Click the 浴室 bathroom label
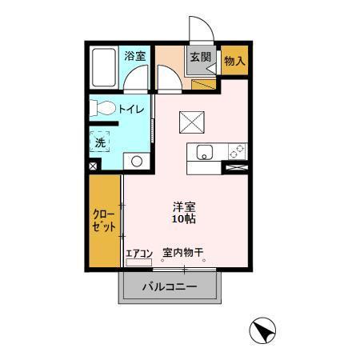click(x=135, y=56)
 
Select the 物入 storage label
click(x=234, y=60)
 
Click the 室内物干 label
click(x=183, y=253)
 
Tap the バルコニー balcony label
click(x=169, y=286)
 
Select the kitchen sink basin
click(x=202, y=150)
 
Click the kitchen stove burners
click(x=238, y=150)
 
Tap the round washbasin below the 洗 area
click(x=136, y=162)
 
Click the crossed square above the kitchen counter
click(x=192, y=121)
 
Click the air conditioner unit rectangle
click(x=138, y=262)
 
